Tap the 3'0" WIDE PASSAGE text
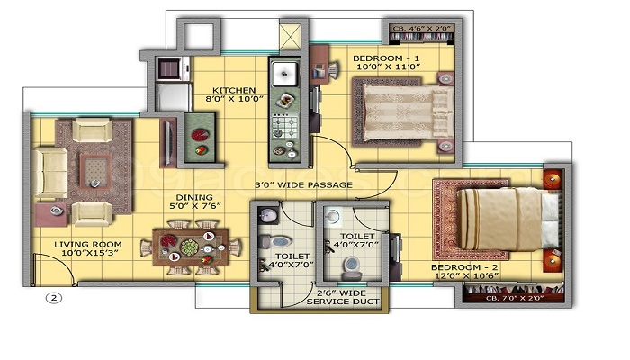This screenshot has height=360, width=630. (302, 185)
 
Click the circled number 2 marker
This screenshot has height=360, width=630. (53, 296)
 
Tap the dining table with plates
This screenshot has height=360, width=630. (190, 247)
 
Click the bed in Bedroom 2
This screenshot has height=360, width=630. (504, 221)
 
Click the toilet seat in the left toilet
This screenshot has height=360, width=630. (278, 242)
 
